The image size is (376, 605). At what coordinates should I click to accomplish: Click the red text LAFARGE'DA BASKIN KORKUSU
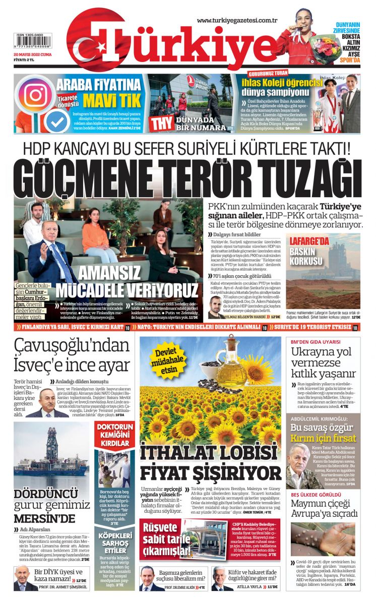point(308,251)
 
